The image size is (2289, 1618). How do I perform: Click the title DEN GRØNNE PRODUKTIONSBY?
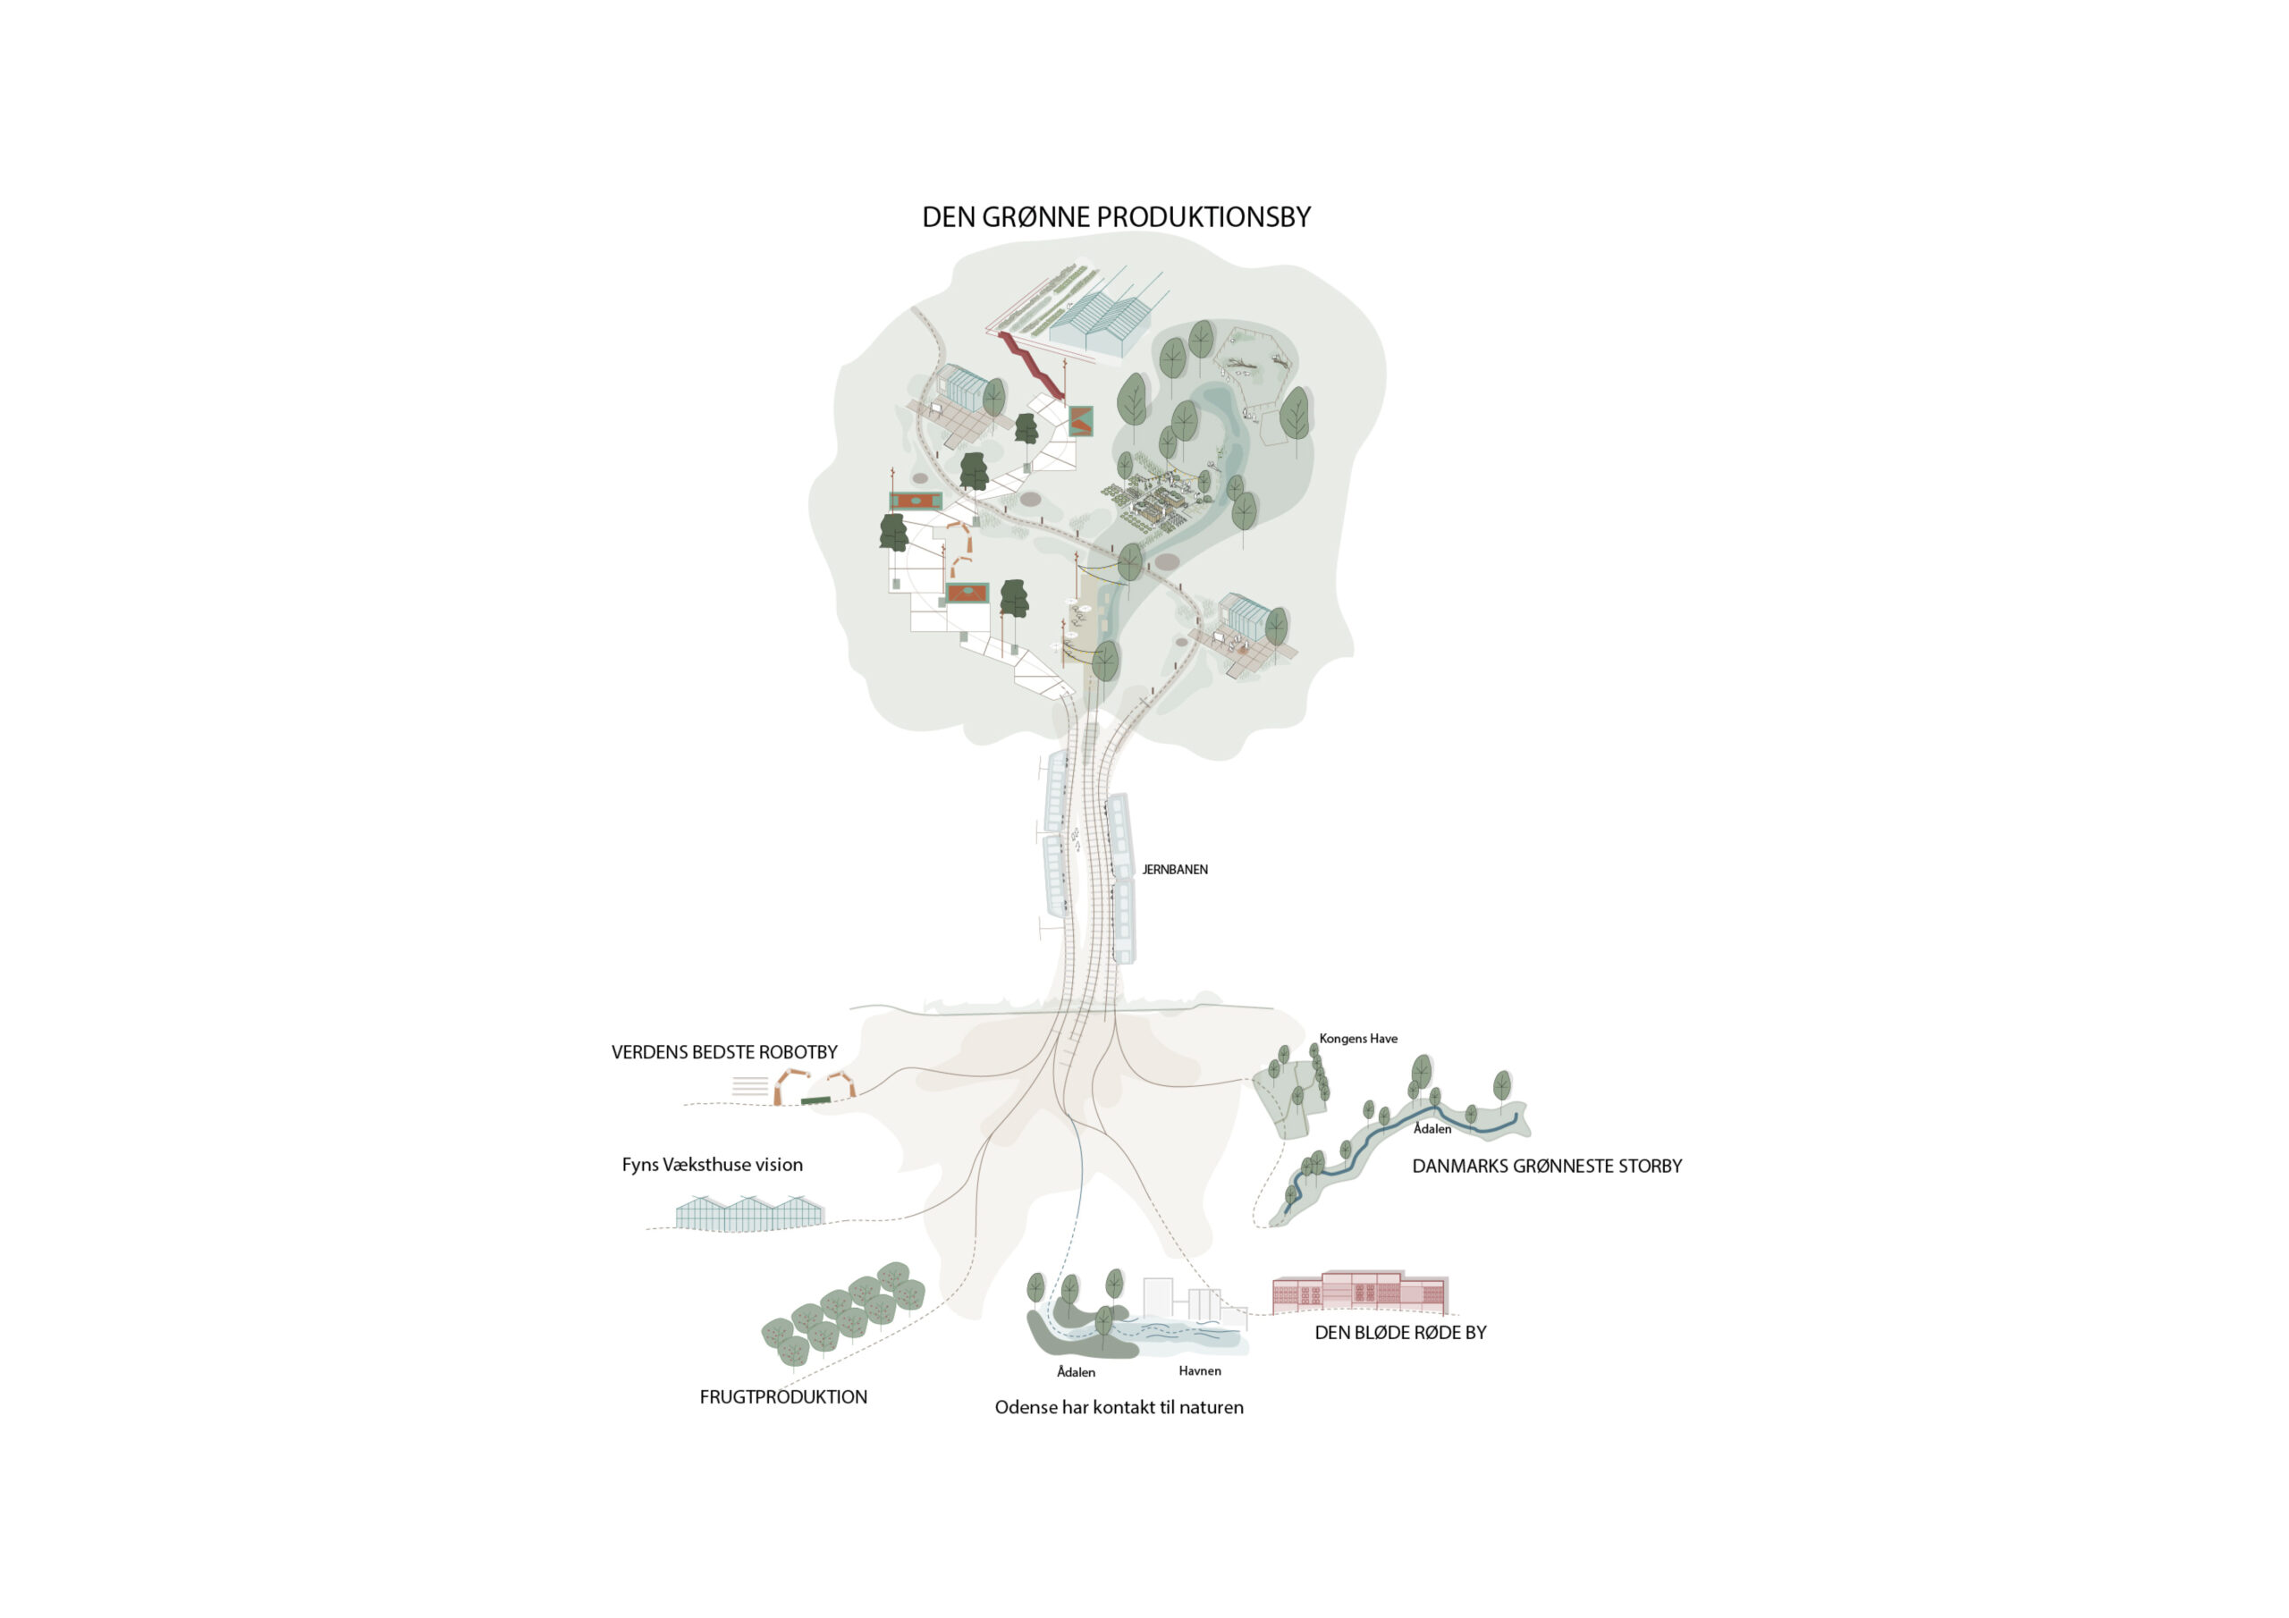tap(1116, 216)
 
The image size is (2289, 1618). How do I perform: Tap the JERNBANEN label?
tap(1174, 869)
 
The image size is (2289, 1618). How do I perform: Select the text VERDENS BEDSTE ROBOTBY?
tap(723, 1052)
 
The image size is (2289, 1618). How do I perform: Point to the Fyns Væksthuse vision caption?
tap(712, 1165)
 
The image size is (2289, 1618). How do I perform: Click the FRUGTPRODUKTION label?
tap(783, 1396)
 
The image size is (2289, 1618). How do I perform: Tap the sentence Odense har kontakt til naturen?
tap(1119, 1408)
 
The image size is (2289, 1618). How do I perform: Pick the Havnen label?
tap(1199, 1370)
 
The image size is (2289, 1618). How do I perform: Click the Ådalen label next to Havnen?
tap(1076, 1372)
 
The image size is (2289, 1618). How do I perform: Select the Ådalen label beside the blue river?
tap(1432, 1128)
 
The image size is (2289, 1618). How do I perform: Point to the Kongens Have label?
tap(1358, 1039)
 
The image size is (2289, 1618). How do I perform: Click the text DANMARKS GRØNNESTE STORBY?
tap(1546, 1166)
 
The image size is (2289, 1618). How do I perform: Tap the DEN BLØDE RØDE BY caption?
tap(1399, 1333)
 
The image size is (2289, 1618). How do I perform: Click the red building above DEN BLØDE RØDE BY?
tap(1360, 1292)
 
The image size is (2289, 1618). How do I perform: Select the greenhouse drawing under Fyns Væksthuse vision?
tap(749, 1213)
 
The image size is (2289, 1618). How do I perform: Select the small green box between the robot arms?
tap(815, 1100)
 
